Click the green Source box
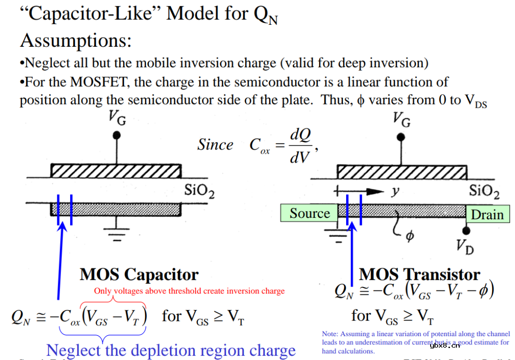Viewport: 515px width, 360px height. click(309, 213)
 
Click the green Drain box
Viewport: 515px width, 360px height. click(487, 215)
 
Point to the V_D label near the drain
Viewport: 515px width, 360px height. click(465, 247)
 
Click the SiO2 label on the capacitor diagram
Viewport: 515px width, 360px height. click(199, 191)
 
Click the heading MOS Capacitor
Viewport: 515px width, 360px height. click(139, 275)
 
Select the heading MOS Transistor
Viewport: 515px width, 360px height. click(419, 275)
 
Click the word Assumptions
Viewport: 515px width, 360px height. click(75, 41)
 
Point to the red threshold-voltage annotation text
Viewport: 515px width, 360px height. click(189, 291)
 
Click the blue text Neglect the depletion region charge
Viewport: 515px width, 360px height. click(171, 350)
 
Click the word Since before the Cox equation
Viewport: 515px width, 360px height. click(216, 145)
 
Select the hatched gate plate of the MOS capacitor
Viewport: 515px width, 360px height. click(115, 171)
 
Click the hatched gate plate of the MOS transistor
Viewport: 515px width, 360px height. click(402, 171)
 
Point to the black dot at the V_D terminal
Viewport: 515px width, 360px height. click(466, 231)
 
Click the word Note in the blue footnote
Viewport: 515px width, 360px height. click(330, 334)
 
